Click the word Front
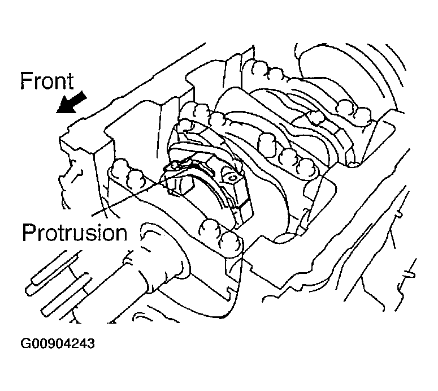coord(47,81)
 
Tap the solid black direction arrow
coord(72,102)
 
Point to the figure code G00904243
coord(58,343)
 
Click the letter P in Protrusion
coord(29,232)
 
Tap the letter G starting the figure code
coord(25,343)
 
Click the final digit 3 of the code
coord(91,343)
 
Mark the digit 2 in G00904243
coord(74,343)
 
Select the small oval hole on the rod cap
coord(232,177)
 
